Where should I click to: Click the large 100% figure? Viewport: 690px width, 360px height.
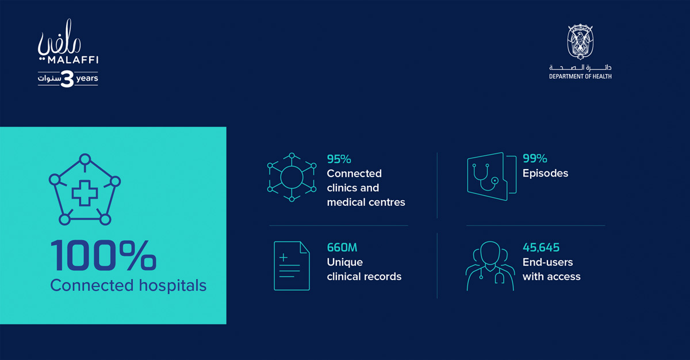pyautogui.click(x=103, y=255)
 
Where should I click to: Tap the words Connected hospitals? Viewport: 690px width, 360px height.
pyautogui.click(x=128, y=285)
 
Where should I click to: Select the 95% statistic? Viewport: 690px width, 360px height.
pyautogui.click(x=339, y=159)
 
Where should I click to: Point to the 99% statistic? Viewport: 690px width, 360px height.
pyautogui.click(x=535, y=159)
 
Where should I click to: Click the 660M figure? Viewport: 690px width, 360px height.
pyautogui.click(x=342, y=248)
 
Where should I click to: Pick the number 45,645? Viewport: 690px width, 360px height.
pyautogui.click(x=541, y=248)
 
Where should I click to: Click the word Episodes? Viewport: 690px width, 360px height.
pyautogui.click(x=545, y=173)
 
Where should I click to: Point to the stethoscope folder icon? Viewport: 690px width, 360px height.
pyautogui.click(x=487, y=176)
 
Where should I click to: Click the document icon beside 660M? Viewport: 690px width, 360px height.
pyautogui.click(x=292, y=266)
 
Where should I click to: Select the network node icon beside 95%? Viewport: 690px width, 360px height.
pyautogui.click(x=292, y=177)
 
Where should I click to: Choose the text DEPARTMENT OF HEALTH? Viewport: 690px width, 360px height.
pyautogui.click(x=580, y=76)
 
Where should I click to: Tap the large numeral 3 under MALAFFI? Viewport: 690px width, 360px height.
pyautogui.click(x=67, y=78)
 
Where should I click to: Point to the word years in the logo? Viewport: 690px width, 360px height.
pyautogui.click(x=87, y=78)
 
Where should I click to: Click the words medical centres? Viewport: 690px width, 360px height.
pyautogui.click(x=366, y=202)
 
